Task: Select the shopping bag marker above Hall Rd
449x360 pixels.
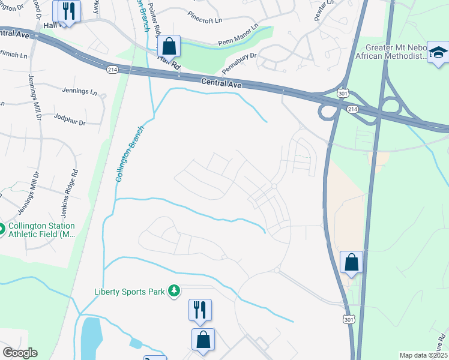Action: (x=170, y=46)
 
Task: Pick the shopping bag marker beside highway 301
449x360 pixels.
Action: (x=351, y=262)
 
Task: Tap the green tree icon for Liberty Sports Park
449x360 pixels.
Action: (x=174, y=291)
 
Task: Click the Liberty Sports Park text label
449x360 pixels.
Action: (x=129, y=292)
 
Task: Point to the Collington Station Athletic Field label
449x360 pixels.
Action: (x=41, y=230)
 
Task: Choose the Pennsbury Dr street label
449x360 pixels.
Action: (x=239, y=62)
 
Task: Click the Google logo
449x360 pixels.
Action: (x=20, y=353)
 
